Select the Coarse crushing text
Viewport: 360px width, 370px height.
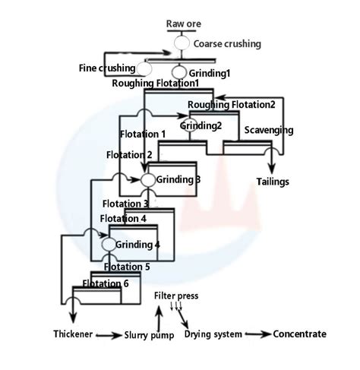point(227,44)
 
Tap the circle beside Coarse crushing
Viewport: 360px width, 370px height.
point(182,44)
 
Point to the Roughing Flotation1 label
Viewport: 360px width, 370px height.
point(156,83)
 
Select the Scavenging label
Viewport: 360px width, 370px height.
point(268,130)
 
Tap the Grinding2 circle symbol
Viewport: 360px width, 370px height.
point(188,127)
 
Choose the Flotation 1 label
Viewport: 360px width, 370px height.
point(143,134)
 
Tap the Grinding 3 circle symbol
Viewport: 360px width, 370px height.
point(148,180)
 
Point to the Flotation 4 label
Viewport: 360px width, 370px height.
point(123,219)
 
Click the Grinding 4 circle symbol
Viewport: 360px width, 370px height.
point(108,245)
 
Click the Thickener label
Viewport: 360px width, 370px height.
point(75,334)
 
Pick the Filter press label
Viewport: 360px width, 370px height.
point(177,295)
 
